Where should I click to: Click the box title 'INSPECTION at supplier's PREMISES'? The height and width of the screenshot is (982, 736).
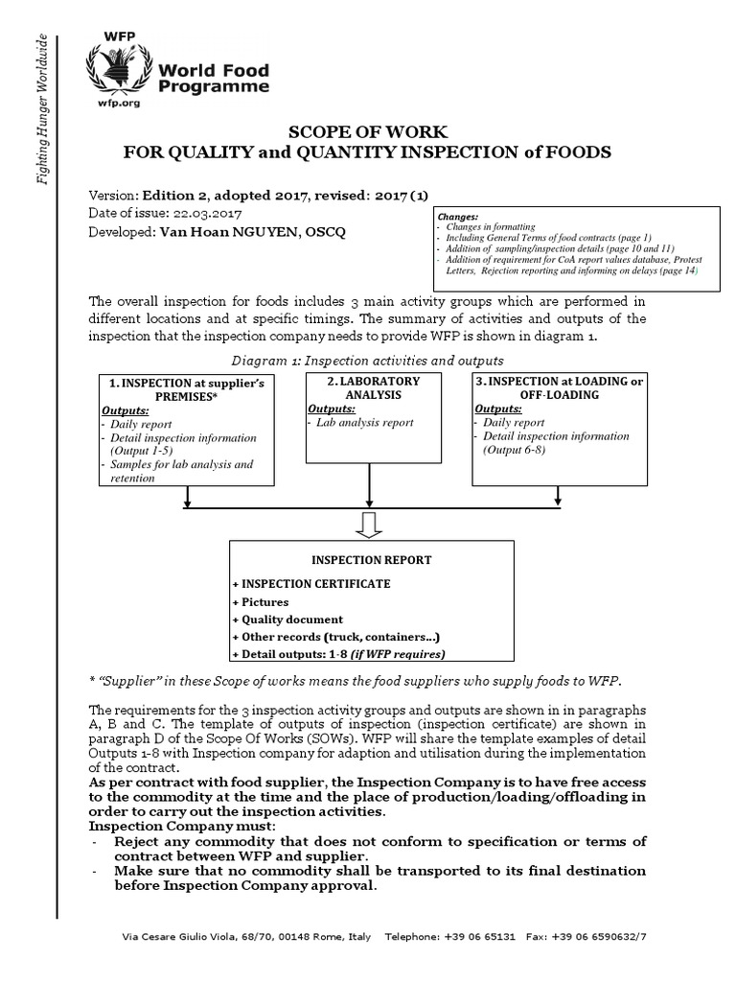click(187, 389)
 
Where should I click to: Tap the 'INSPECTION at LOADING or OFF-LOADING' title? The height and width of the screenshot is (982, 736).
click(559, 387)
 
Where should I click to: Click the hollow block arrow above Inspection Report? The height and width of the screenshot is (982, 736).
click(370, 524)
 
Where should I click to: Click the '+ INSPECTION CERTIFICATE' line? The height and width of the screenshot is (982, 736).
click(296, 583)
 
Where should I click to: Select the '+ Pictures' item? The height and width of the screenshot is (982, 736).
click(260, 601)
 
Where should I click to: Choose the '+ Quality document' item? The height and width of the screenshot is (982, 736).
click(287, 620)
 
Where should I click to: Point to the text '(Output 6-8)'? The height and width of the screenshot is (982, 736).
click(515, 450)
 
